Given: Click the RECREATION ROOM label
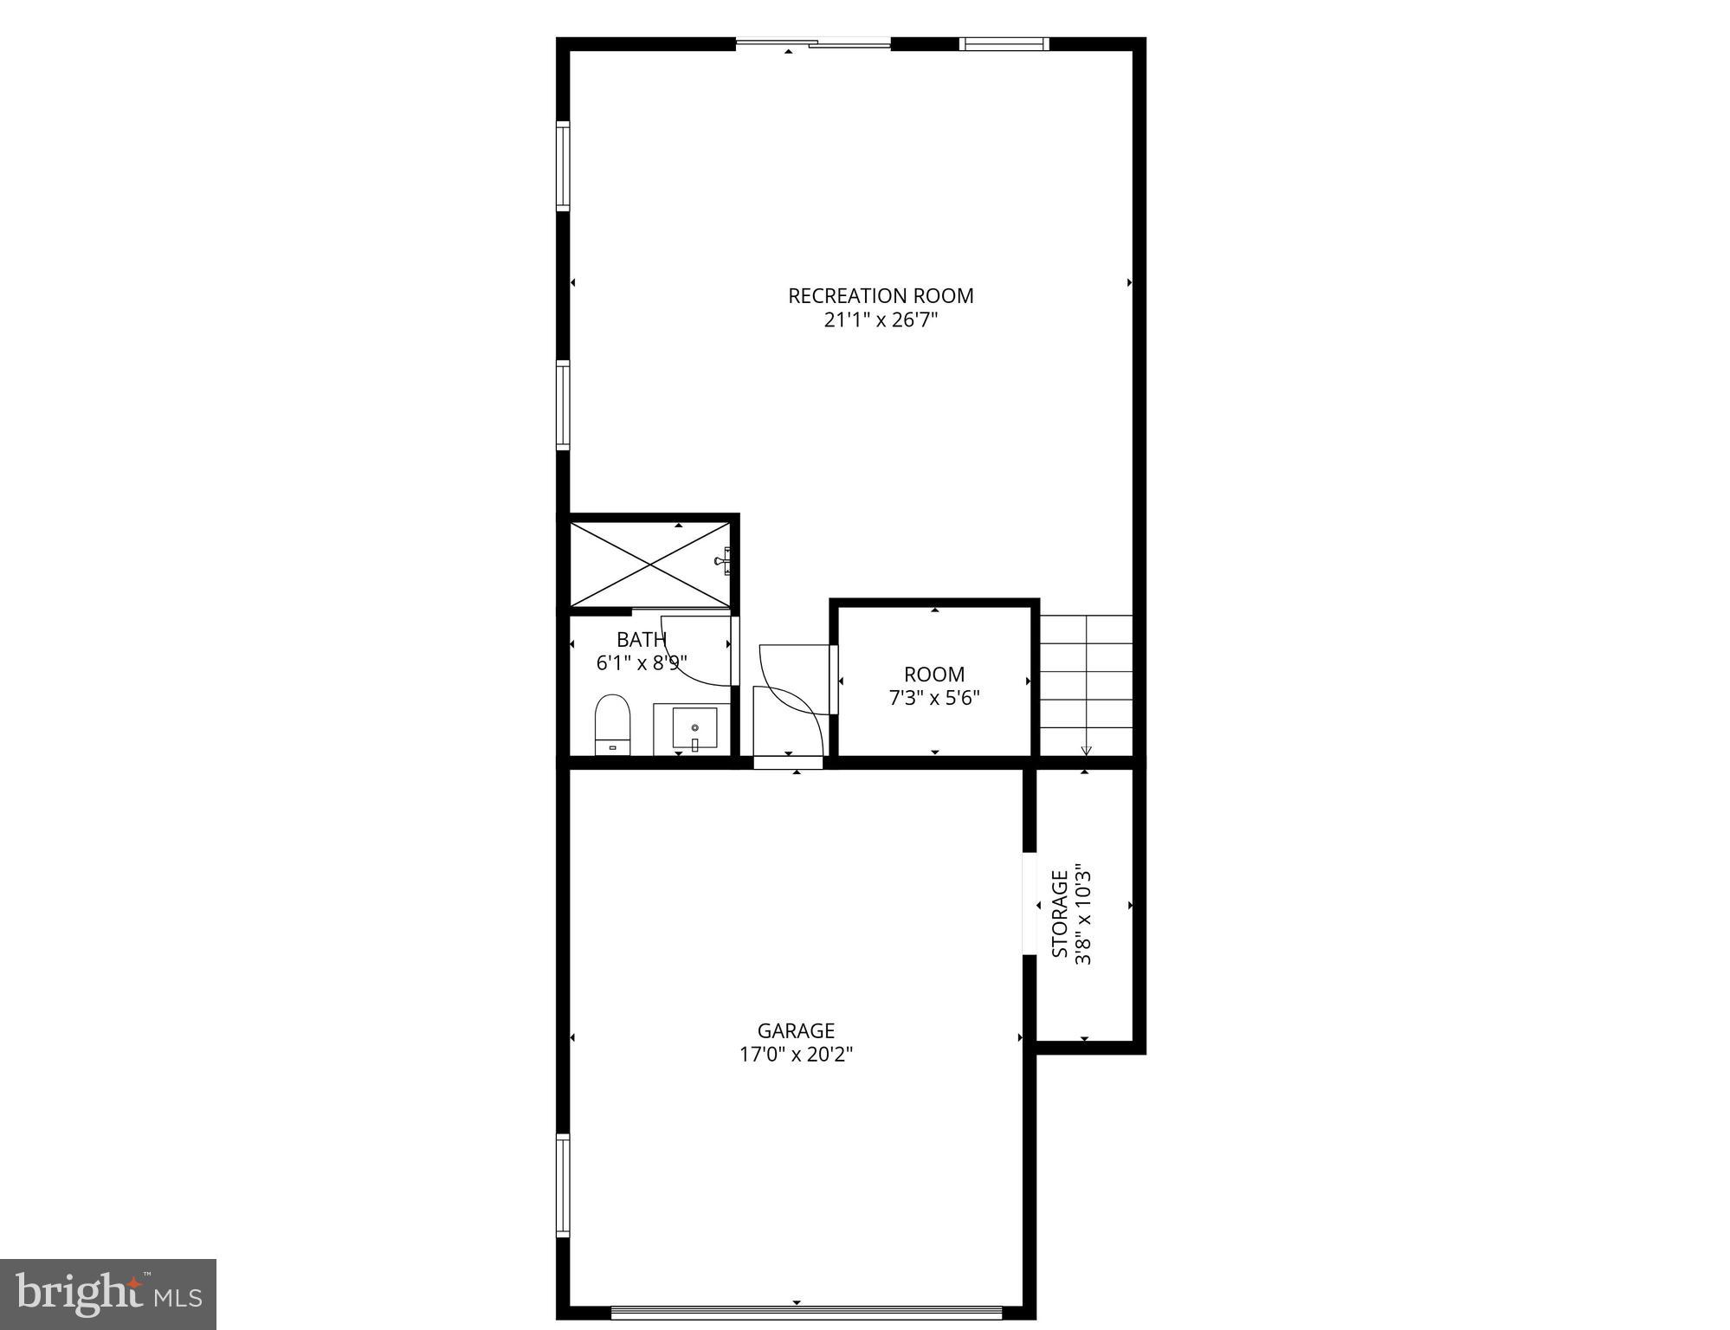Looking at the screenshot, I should (880, 296).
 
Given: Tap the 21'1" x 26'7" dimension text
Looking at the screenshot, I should (880, 320).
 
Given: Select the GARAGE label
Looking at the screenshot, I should (796, 1030).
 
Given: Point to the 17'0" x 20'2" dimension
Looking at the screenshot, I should (796, 1055).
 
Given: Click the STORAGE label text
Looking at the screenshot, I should (1060, 914).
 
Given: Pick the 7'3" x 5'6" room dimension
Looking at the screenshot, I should (934, 698).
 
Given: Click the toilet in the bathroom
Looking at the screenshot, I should (612, 724).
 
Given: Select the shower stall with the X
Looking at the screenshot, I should (649, 564).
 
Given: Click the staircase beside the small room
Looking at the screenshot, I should (1086, 684).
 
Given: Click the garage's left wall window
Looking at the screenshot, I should (564, 1185).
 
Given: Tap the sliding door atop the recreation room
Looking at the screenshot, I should (813, 42).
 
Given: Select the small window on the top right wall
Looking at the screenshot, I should (1004, 43).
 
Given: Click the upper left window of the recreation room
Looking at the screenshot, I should (564, 166).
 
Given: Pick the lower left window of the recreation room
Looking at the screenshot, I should (564, 404).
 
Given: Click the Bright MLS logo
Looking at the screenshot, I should (108, 1294).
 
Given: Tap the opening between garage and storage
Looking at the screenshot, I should (1030, 904).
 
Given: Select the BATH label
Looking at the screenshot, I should (641, 640).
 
